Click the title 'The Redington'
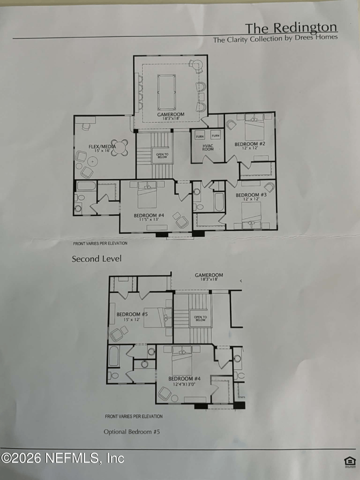click(x=291, y=27)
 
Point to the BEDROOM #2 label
click(x=250, y=144)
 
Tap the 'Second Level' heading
click(x=96, y=259)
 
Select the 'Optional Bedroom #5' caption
click(x=132, y=431)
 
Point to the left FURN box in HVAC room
click(x=200, y=136)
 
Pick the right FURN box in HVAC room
click(x=216, y=136)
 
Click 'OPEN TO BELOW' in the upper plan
click(x=162, y=156)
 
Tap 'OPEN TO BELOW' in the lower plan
click(x=200, y=318)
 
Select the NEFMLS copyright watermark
click(x=63, y=459)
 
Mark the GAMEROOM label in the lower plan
click(x=209, y=275)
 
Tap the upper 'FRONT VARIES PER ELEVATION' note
click(x=100, y=243)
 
